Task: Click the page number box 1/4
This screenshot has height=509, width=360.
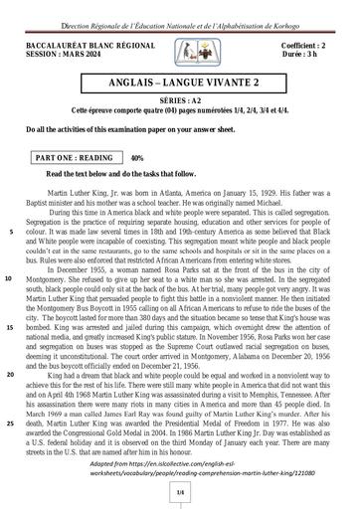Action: [181, 491]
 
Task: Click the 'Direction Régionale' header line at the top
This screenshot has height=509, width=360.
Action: [180, 6]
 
